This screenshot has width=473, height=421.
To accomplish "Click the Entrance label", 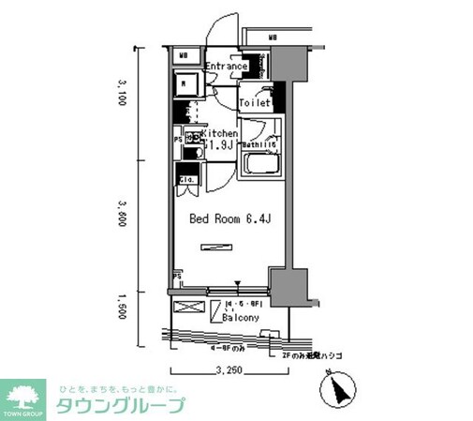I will coord(226,67).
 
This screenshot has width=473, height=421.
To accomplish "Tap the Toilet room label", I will coord(255,103).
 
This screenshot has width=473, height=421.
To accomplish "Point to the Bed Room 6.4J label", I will coord(229,219).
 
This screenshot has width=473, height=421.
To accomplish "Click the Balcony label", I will coord(241,319).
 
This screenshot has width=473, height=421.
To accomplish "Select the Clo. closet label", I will coord(186,178).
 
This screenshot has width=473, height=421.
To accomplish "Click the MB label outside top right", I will coord(273,38).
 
